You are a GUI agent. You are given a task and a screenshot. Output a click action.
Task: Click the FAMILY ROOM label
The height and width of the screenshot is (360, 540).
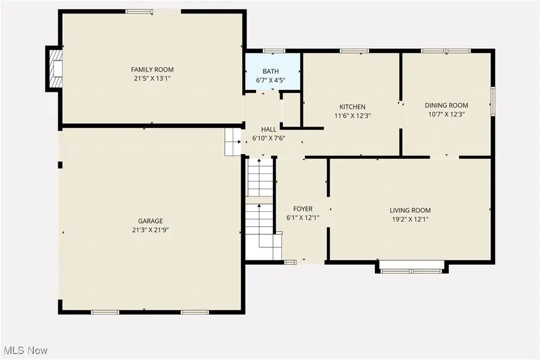tap(153, 70)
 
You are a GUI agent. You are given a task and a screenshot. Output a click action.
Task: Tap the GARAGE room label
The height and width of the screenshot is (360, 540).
tap(150, 221)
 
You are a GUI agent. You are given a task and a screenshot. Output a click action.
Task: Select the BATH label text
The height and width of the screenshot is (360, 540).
tap(271, 72)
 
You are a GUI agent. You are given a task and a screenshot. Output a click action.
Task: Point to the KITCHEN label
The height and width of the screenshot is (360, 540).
tap(352, 107)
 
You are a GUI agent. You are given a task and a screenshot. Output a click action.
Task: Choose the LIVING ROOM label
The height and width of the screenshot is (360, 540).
tap(410, 210)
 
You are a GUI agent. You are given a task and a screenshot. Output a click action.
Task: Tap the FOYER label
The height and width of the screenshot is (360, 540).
tap(303, 209)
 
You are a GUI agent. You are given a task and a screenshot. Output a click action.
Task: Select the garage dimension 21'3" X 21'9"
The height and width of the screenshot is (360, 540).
tap(150, 229)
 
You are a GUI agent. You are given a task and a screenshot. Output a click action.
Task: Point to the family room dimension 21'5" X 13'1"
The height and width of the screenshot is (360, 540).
tap(153, 78)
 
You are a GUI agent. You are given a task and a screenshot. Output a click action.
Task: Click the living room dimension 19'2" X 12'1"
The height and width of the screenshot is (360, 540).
tap(410, 219)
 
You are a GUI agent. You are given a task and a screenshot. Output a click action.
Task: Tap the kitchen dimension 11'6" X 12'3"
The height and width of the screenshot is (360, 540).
tap(352, 116)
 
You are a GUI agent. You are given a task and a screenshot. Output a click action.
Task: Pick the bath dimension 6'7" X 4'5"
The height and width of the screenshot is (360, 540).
tap(271, 80)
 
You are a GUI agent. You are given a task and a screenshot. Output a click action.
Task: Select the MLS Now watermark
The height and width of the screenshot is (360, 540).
tap(26, 350)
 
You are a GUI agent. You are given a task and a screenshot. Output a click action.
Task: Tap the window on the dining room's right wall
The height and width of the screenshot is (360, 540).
tap(493, 101)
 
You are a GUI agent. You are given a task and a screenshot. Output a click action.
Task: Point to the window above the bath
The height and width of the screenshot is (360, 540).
tap(274, 50)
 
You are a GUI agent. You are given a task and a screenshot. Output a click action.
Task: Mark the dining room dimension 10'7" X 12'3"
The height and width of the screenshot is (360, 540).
tap(446, 114)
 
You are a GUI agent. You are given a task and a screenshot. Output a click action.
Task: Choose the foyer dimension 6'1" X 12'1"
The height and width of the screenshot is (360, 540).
tap(303, 218)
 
